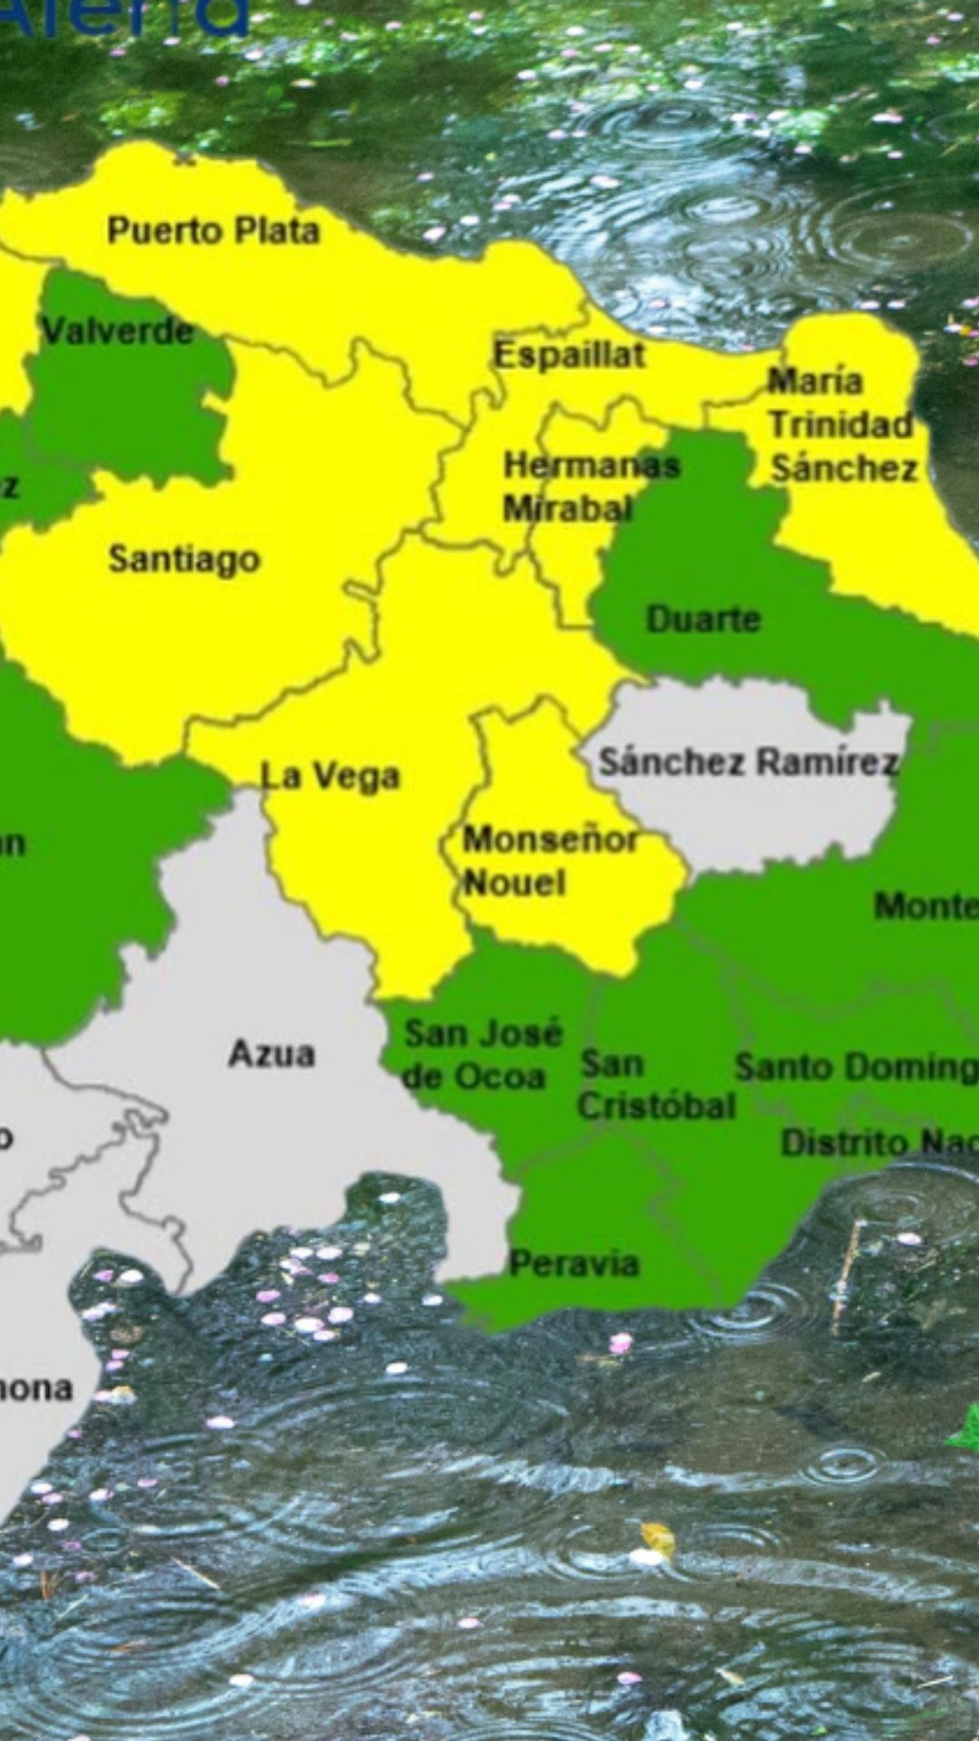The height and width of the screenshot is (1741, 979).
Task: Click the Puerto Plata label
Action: [213, 230]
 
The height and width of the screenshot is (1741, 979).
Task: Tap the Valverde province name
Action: [118, 331]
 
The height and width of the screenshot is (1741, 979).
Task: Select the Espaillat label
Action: [569, 355]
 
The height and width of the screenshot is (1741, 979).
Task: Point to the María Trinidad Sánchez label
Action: [841, 424]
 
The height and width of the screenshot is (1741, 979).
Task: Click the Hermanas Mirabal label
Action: [591, 487]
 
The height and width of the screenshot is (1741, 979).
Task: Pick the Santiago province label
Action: [184, 559]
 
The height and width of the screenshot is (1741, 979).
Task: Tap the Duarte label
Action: [703, 619]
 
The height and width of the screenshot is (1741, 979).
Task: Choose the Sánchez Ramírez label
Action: [748, 762]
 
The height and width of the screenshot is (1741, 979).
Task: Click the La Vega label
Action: [330, 776]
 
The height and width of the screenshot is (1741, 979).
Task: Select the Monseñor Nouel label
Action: [549, 861]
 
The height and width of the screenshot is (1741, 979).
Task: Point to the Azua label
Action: [271, 1054]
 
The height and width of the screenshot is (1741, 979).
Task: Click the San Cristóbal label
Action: [656, 1084]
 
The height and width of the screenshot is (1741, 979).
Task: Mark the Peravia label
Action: [574, 1263]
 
